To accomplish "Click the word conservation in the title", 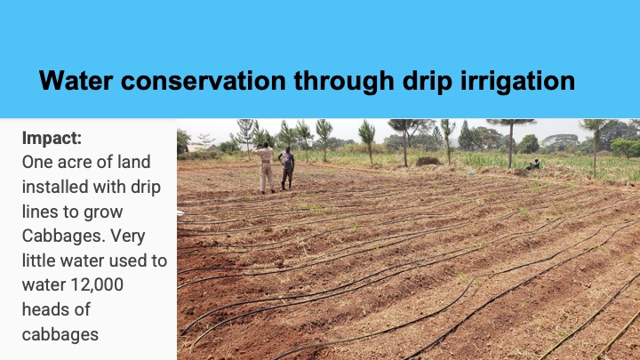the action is [203, 80].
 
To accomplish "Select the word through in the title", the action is [344, 82].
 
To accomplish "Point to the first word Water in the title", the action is [76, 80].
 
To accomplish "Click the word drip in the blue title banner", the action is [427, 82].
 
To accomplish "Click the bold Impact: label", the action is [52, 139].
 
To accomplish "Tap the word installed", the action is [55, 187].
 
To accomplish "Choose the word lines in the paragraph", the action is [40, 212].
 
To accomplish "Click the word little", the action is [39, 260].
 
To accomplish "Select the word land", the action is [134, 162].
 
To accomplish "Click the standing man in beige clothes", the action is [266, 168].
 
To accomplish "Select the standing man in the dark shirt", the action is [287, 168].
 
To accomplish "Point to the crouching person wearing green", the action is [534, 164].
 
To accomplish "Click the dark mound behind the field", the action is [428, 161].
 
